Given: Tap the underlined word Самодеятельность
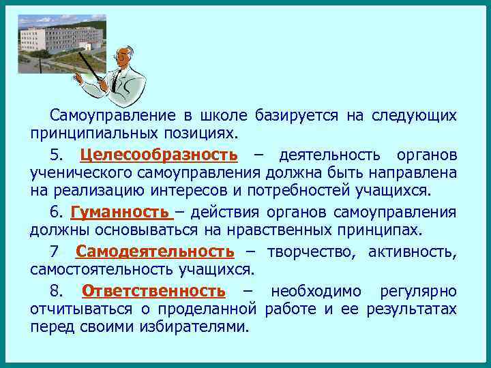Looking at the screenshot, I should (x=155, y=252).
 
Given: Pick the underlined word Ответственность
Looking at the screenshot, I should (x=153, y=292).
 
